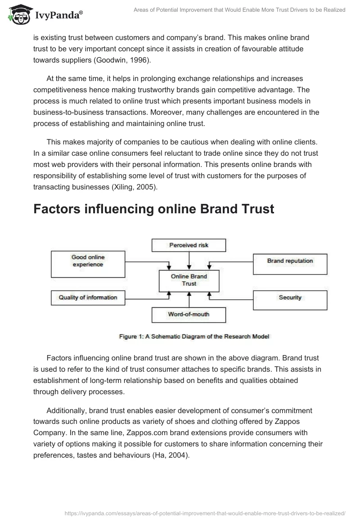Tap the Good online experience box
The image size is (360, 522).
[x=88, y=264]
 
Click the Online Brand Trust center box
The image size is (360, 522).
[x=189, y=280]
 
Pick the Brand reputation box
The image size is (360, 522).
[x=290, y=264]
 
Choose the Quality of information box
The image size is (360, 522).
[x=88, y=297]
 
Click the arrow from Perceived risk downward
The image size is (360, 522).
[x=189, y=261]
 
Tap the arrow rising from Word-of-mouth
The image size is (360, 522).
[x=189, y=299]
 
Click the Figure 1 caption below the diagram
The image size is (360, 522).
[x=193, y=336]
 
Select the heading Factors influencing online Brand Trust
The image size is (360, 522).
[x=153, y=209]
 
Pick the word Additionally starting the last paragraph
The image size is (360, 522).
[x=66, y=411]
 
